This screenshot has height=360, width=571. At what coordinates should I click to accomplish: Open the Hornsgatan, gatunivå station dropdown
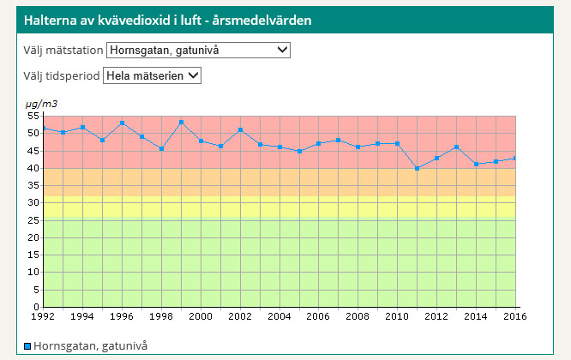[198, 51]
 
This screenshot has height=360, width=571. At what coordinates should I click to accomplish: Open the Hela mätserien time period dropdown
[152, 75]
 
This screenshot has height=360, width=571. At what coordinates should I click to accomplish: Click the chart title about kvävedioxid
[167, 19]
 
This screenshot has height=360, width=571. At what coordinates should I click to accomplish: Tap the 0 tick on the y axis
[35, 307]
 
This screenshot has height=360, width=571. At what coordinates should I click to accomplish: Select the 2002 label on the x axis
[240, 316]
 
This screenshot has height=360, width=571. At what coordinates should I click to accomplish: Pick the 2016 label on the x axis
[515, 316]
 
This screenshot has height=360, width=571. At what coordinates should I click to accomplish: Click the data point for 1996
[122, 123]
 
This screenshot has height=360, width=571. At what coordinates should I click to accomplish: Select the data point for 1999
[181, 122]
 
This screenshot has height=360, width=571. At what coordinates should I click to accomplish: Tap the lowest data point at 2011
[418, 168]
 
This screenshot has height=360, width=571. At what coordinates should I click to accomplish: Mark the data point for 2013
[457, 147]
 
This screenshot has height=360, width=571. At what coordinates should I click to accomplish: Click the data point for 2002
[240, 129]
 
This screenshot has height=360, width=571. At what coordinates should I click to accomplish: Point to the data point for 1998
[161, 148]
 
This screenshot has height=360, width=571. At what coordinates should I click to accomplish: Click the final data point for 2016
[515, 158]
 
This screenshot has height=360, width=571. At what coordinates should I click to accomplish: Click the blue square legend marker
[27, 346]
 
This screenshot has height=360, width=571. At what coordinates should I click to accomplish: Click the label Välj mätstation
[63, 51]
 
